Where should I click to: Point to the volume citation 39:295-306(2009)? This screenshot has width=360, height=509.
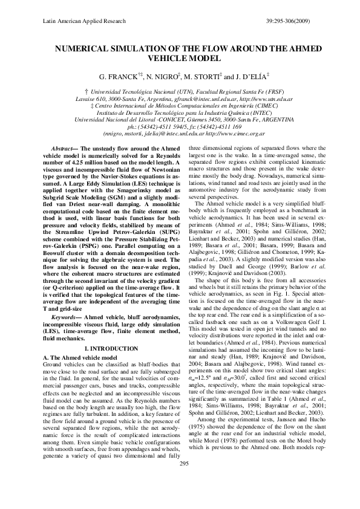point(293,20)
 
